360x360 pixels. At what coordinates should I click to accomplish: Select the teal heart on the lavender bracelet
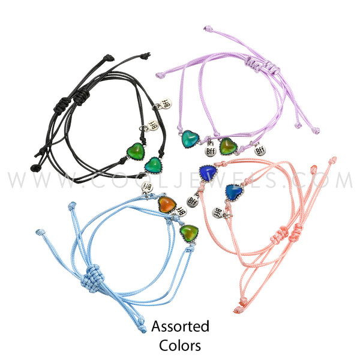(x=191, y=140)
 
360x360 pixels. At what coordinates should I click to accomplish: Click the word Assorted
(x=180, y=327)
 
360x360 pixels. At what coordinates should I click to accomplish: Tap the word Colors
(x=180, y=346)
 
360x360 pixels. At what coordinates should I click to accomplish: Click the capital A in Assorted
(x=155, y=327)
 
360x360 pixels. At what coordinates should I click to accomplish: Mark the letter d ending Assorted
(x=205, y=327)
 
